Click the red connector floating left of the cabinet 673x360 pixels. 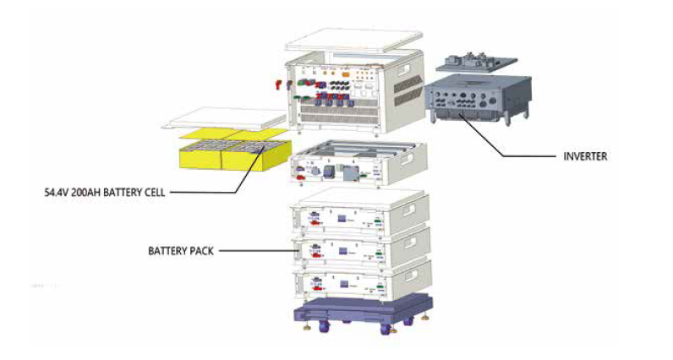click(276, 85)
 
